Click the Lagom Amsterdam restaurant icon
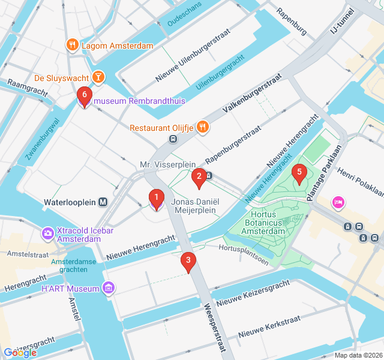(72, 45)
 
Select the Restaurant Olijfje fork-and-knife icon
(203, 127)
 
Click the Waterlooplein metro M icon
(104, 202)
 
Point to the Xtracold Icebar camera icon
(47, 233)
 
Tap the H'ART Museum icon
(108, 289)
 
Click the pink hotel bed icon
(338, 203)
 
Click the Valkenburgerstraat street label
(252, 94)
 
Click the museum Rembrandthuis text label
(139, 101)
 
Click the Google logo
(20, 353)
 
